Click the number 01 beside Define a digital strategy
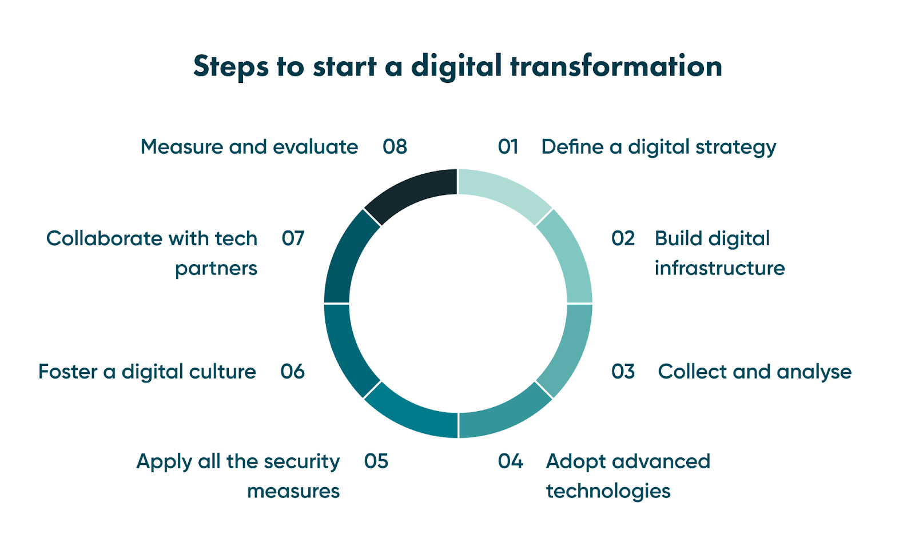[508, 147]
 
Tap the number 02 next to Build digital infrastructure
[623, 238]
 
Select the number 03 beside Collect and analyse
[623, 372]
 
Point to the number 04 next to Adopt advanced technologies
[510, 461]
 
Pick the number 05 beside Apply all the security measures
[376, 461]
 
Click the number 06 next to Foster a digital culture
[292, 372]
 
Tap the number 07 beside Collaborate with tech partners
[293, 238]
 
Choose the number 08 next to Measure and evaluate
[395, 147]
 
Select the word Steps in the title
[230, 67]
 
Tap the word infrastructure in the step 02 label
[719, 268]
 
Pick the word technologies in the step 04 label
[608, 491]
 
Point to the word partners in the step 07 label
[216, 269]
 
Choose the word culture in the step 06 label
[222, 372]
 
